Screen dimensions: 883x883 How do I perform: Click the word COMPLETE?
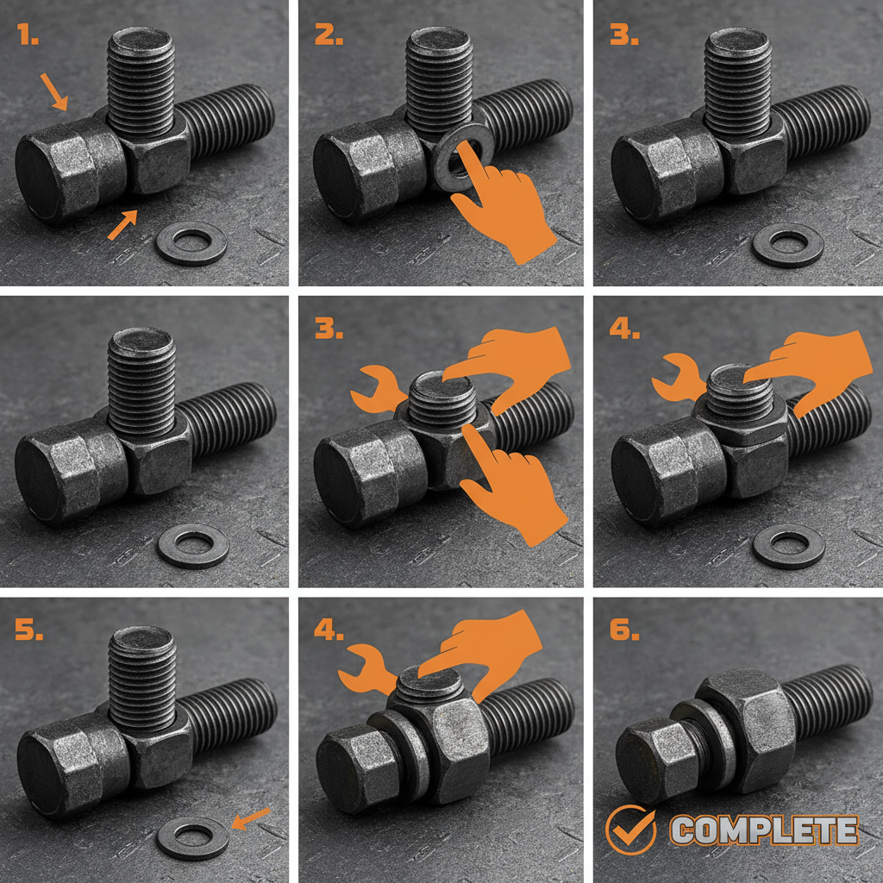click(x=764, y=830)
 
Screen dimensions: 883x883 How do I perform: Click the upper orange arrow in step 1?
click(x=53, y=92)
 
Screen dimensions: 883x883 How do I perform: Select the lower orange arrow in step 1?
click(x=122, y=225)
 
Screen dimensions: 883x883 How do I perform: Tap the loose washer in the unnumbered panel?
click(x=193, y=545)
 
